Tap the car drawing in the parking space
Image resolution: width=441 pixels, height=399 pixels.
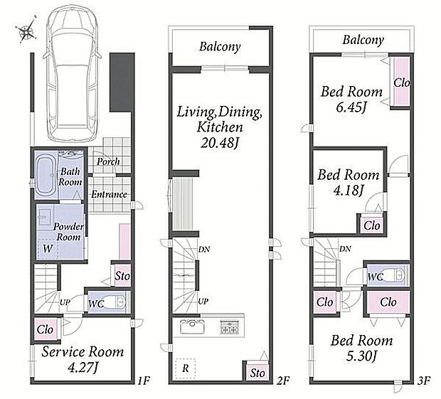[72, 73]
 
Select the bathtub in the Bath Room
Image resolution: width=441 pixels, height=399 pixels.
[45, 175]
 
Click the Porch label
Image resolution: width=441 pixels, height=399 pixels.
[108, 161]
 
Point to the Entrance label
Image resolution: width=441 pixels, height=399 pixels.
[109, 194]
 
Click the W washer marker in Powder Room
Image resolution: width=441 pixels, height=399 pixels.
[48, 248]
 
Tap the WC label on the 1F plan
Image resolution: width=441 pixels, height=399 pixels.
[95, 304]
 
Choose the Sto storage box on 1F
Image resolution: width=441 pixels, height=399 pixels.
[122, 276]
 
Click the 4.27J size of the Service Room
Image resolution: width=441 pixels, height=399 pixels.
[83, 367]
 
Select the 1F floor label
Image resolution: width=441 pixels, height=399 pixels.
[144, 381]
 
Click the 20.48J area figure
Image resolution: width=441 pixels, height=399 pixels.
[219, 143]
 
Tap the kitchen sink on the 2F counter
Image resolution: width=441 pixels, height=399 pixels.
[192, 326]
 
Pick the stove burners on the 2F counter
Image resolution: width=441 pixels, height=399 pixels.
[230, 327]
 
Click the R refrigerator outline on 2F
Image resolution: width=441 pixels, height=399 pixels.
[185, 368]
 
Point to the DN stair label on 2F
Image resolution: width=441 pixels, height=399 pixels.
[204, 249]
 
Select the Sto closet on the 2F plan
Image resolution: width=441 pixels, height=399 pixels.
[257, 373]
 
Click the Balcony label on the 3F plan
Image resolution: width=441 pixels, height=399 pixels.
[363, 40]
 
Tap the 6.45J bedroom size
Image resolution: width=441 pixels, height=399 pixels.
[351, 107]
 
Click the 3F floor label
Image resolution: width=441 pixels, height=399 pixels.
[423, 381]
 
